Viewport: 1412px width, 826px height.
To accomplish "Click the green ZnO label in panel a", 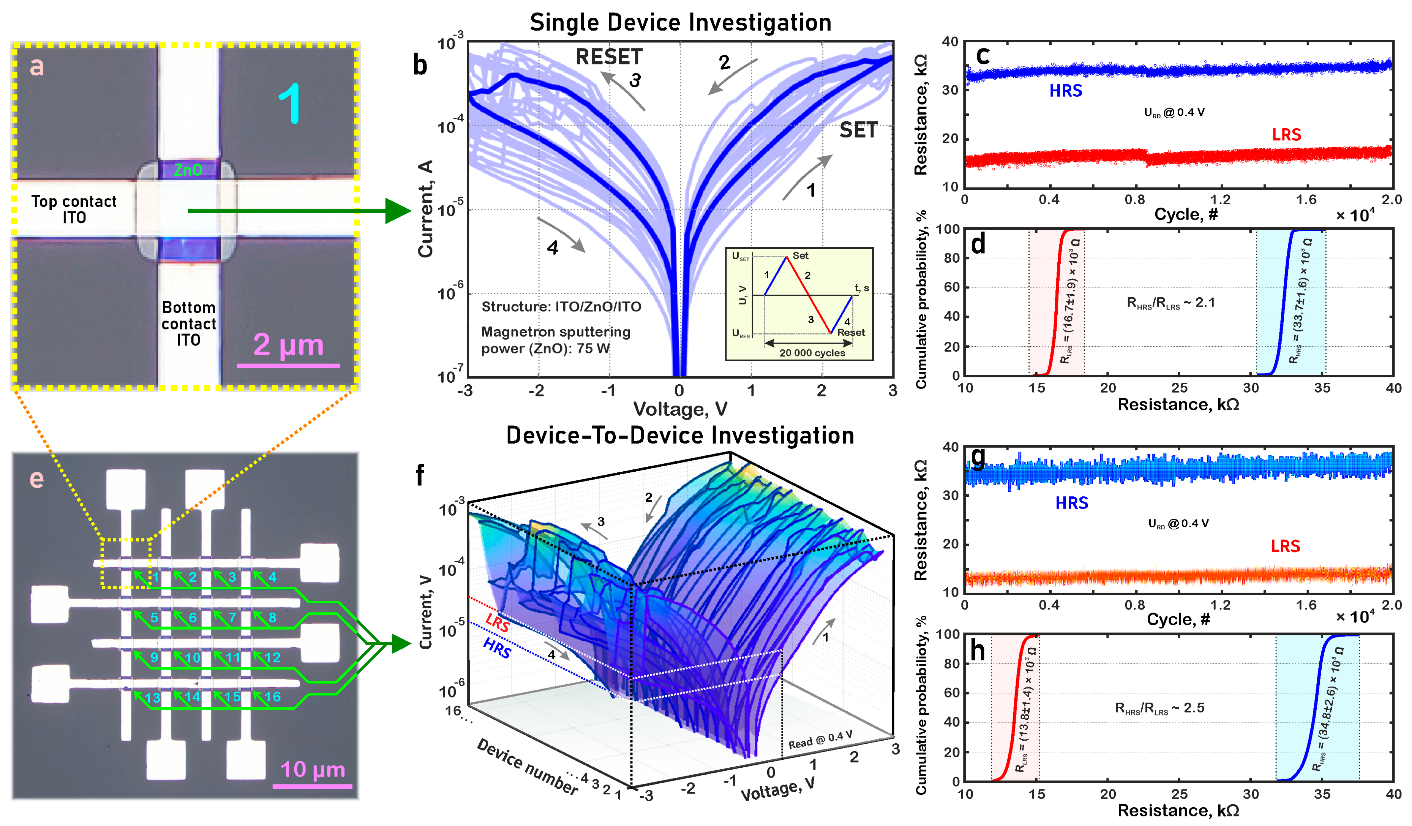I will pos(188,170).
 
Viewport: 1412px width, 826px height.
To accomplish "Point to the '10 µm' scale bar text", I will pos(313,769).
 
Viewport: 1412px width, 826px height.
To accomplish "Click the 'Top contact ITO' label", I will pos(74,209).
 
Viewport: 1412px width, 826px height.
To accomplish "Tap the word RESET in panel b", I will pos(609,57).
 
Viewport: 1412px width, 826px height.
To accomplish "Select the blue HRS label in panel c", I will pos(1065,91).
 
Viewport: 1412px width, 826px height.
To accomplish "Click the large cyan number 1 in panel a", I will pos(290,104).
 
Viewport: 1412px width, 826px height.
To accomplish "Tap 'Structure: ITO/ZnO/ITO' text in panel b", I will pos(561,307).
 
